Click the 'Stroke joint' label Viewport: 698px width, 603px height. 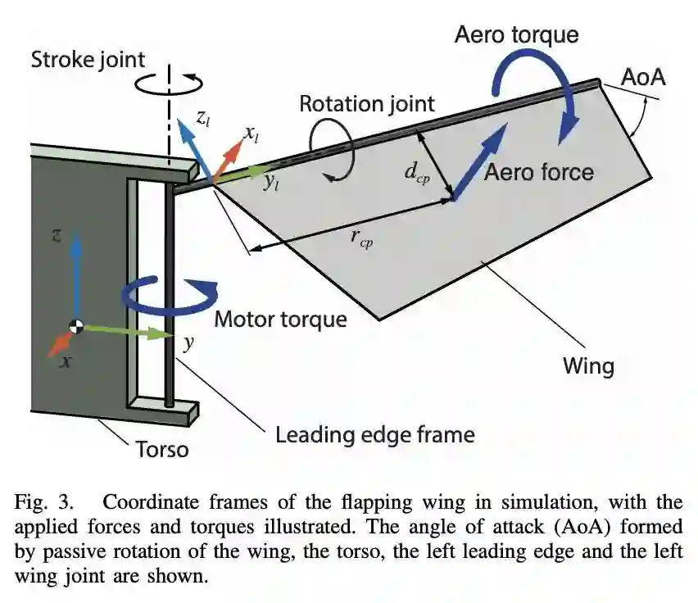(87, 60)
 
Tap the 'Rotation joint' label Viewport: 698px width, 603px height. (366, 104)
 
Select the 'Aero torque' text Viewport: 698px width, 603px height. (516, 34)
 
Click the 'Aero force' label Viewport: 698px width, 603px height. (538, 172)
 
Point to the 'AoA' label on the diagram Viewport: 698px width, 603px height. (643, 79)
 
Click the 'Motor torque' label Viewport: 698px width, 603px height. (280, 319)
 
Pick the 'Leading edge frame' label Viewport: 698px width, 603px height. (374, 433)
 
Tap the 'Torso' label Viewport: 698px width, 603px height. (161, 449)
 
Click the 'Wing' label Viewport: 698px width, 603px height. (587, 365)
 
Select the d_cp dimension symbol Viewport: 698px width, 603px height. (417, 173)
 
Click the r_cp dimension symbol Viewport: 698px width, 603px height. (361, 238)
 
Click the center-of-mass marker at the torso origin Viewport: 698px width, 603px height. (76, 326)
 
